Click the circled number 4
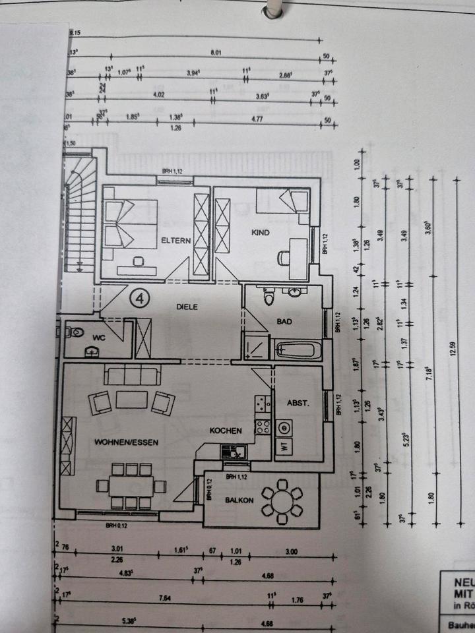tap(139, 299)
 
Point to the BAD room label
tap(284, 322)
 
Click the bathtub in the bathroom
tap(298, 349)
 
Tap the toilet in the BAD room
tap(269, 299)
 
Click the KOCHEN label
tap(226, 431)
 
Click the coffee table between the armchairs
tap(132, 400)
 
